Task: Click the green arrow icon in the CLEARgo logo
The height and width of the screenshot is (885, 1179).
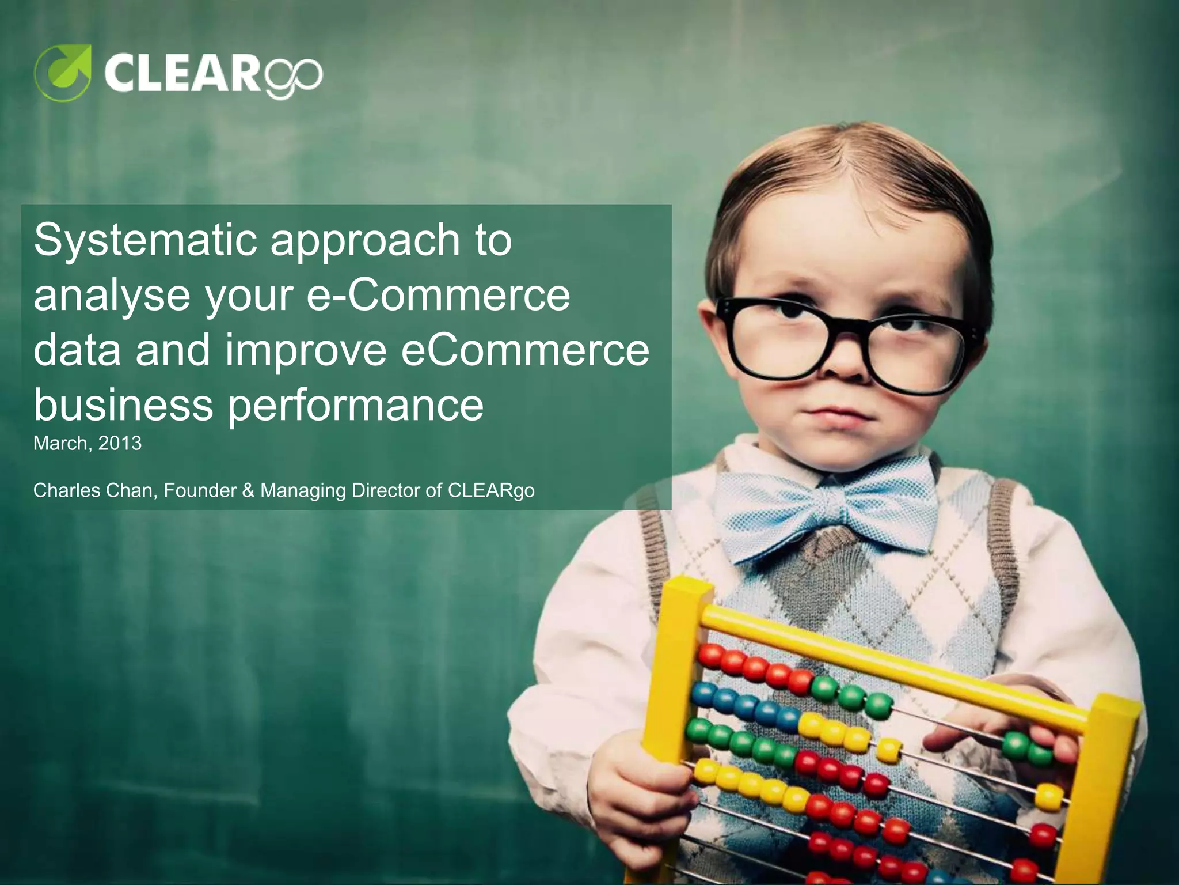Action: (63, 72)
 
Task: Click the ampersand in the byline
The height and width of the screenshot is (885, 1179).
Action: (248, 490)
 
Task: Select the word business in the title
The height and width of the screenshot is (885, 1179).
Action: (123, 404)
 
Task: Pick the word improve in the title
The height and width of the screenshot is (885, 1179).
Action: (305, 351)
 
